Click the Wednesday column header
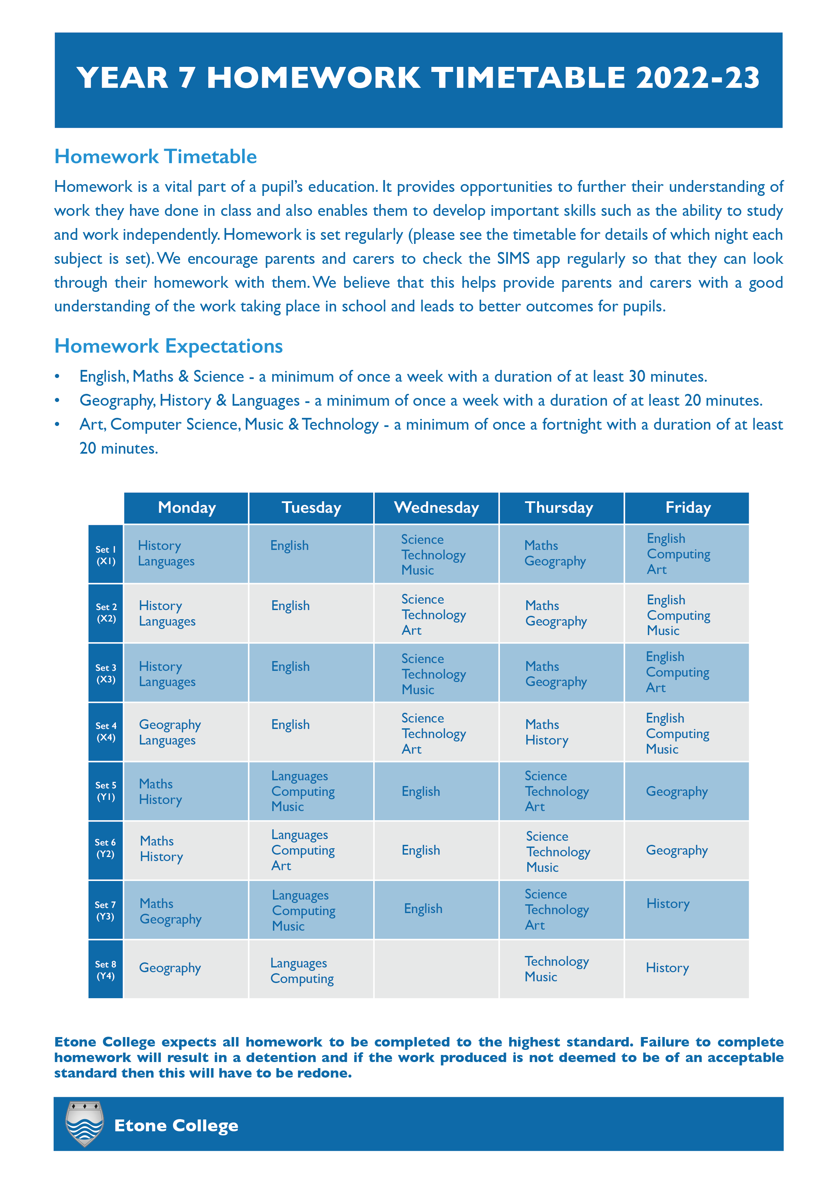[436, 508]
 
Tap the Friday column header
[687, 508]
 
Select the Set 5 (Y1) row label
[106, 791]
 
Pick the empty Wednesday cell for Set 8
[436, 969]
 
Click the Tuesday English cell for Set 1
[311, 554]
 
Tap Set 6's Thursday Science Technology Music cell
[561, 851]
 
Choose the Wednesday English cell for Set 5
[436, 791]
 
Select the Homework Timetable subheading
[155, 156]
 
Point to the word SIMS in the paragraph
[513, 258]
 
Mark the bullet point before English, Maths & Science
[57, 377]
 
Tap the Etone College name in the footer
[176, 1125]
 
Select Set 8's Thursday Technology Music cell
[561, 969]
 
